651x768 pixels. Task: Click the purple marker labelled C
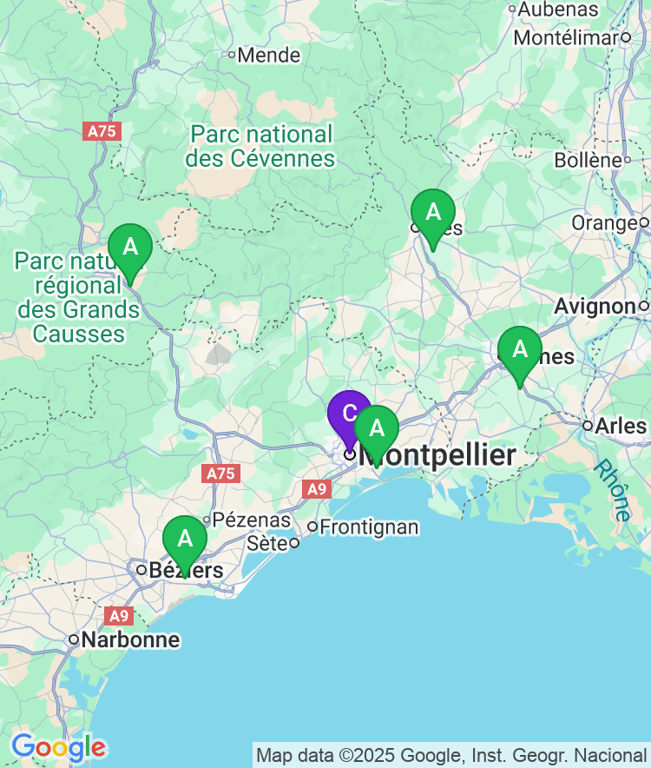point(349,413)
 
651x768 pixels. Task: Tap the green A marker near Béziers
point(185,539)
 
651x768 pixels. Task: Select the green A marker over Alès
point(432,212)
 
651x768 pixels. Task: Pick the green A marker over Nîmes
point(520,349)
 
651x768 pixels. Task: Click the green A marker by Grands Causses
point(130,247)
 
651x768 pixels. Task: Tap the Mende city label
point(268,56)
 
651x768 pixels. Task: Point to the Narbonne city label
point(130,640)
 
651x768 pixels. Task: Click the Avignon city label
point(595,306)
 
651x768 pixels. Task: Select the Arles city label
point(621,426)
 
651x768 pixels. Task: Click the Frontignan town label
point(369,526)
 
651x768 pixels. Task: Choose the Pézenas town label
point(252,520)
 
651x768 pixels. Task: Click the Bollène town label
point(588,161)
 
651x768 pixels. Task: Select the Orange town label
point(604,223)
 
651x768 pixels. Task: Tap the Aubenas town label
point(559,10)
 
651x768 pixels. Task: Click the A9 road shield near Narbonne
point(119,616)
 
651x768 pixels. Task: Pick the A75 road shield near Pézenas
point(220,473)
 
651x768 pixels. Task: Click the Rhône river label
point(613,491)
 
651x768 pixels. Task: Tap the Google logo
point(58,747)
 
